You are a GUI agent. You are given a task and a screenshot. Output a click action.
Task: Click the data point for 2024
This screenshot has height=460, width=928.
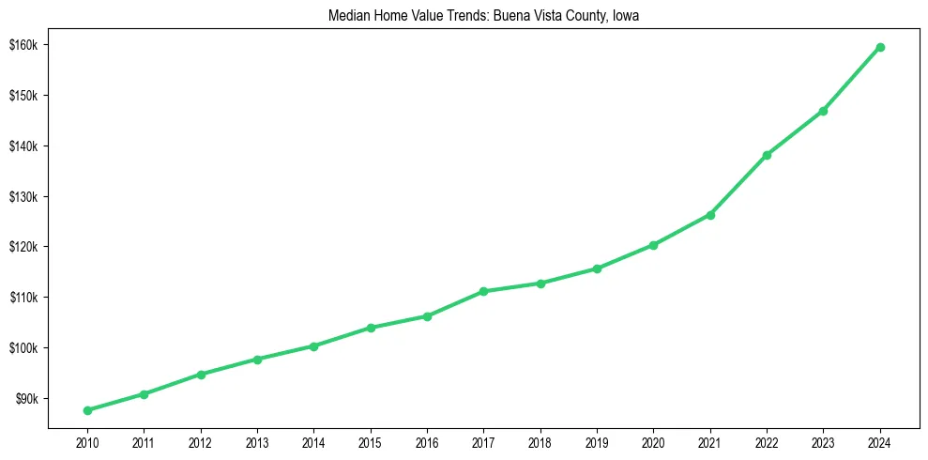coord(880,47)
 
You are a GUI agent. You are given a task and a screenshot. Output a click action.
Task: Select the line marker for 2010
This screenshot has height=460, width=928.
coord(87,410)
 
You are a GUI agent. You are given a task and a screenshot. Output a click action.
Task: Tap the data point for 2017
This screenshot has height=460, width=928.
coord(483,291)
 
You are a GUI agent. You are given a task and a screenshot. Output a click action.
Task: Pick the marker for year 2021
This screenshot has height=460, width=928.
coord(710,215)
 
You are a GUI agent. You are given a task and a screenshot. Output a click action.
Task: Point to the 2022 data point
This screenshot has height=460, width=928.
coord(767,155)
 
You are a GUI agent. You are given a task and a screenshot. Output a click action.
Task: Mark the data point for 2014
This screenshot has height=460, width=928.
coord(313,346)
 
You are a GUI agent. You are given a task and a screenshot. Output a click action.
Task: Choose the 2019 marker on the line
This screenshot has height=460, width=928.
coord(597,268)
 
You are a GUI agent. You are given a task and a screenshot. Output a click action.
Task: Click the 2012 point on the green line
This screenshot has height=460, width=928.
coord(201,374)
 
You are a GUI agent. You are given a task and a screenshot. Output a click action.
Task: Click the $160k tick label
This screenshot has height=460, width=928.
coord(23,45)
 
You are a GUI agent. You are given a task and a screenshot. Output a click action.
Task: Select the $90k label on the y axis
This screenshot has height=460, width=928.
coord(25,399)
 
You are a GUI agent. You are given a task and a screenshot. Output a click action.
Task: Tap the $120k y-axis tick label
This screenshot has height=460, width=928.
coord(23,247)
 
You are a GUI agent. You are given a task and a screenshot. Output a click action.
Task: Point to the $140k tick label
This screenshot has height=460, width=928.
coord(23,146)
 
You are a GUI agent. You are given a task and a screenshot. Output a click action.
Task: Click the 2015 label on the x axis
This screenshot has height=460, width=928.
coord(371,442)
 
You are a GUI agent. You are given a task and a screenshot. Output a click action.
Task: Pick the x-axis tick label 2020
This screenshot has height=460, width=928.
coord(653,442)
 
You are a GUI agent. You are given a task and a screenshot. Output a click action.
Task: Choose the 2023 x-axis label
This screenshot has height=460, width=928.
coord(823,442)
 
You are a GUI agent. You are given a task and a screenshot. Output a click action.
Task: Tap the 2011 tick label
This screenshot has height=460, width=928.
coord(144,442)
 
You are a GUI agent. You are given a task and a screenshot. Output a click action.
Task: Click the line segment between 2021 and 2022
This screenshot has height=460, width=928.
coord(738,185)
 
